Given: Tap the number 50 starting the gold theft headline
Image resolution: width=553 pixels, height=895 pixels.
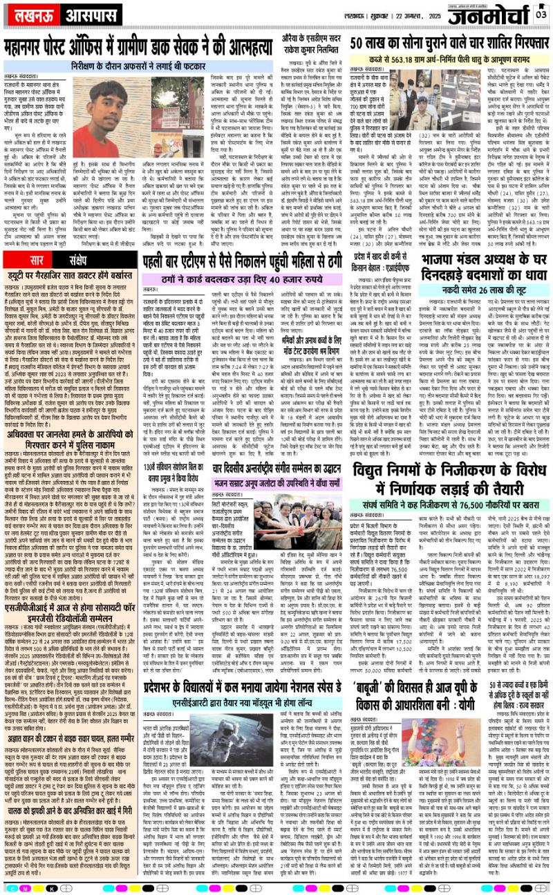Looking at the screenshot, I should click(360, 43).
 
